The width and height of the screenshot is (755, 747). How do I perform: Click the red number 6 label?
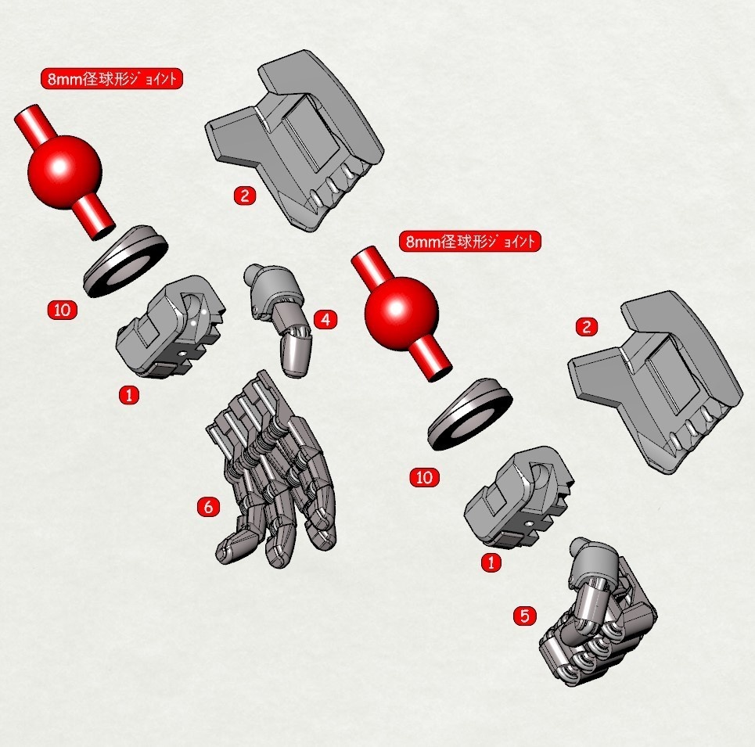tap(207, 507)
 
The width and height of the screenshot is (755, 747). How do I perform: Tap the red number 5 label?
tap(524, 616)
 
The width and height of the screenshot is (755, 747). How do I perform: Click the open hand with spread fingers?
tap(274, 477)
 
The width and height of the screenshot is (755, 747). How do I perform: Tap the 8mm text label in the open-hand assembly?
tap(111, 79)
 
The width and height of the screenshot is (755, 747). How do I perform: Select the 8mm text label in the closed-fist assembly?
tap(469, 242)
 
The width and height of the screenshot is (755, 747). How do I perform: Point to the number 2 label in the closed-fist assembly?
tap(586, 327)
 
